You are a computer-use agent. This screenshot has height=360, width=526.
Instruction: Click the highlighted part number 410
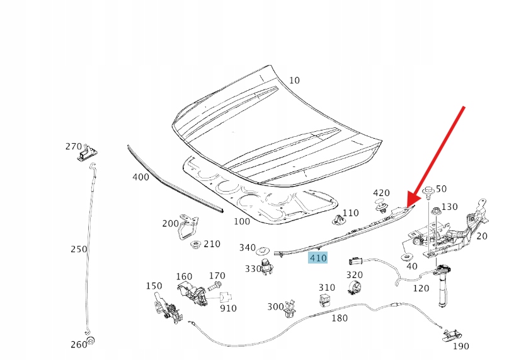click(x=318, y=258)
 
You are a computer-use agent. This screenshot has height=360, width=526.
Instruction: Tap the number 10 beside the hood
click(x=295, y=81)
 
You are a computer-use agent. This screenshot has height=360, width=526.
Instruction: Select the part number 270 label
click(x=74, y=146)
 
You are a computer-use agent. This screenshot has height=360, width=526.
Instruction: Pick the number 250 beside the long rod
click(x=79, y=249)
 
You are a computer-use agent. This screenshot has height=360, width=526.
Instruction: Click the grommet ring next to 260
click(x=90, y=342)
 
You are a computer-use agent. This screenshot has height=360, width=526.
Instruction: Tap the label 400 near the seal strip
click(x=141, y=177)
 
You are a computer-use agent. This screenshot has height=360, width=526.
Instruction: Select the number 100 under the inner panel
click(x=242, y=221)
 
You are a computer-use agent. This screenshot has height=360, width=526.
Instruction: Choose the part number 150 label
click(x=154, y=286)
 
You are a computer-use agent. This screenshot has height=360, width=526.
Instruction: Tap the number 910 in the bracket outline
click(x=229, y=308)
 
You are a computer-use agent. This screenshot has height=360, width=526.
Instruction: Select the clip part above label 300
click(x=291, y=306)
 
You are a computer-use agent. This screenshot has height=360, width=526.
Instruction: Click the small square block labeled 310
click(x=326, y=300)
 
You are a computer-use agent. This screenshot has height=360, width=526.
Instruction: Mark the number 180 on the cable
click(x=339, y=318)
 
